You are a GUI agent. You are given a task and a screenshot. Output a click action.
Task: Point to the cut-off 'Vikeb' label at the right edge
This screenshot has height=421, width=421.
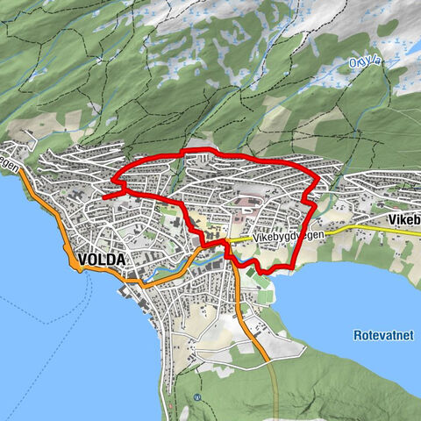click(x=404, y=219)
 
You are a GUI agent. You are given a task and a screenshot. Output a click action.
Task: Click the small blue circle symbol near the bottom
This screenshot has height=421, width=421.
click(x=197, y=396)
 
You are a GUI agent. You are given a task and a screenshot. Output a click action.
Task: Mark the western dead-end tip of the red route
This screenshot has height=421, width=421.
click(x=103, y=198)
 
